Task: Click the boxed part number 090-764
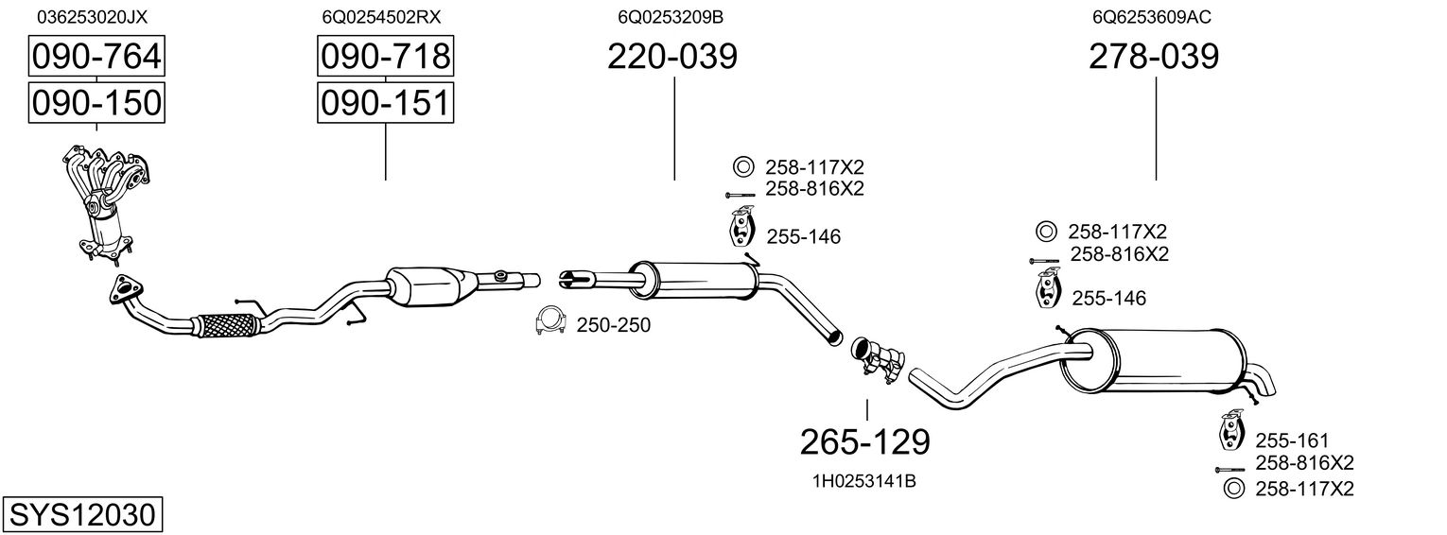click(x=96, y=58)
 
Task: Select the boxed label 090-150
click(x=96, y=102)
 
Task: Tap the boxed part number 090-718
click(x=385, y=58)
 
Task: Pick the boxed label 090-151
click(x=385, y=102)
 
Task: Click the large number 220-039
click(x=672, y=58)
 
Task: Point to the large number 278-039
click(x=1154, y=58)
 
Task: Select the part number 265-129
click(x=865, y=440)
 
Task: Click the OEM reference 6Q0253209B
click(x=671, y=17)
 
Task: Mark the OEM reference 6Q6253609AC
click(x=1151, y=17)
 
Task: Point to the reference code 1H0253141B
click(x=863, y=481)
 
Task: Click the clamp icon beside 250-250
click(x=549, y=322)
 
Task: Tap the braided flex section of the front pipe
click(x=228, y=324)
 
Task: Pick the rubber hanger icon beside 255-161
click(x=1231, y=431)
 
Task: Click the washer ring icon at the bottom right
click(x=1232, y=489)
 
